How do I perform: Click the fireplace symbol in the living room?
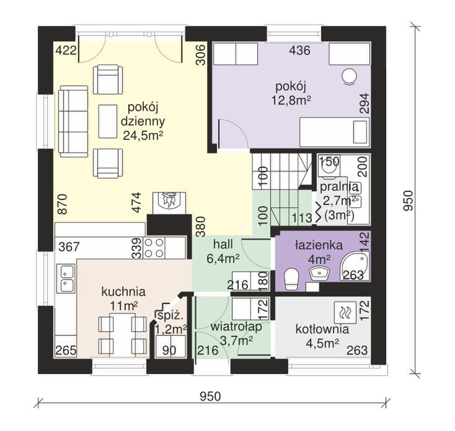pyautogui.click(x=169, y=203)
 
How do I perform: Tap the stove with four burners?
pyautogui.click(x=154, y=248)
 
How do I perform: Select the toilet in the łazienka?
pyautogui.click(x=291, y=279)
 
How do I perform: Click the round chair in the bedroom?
pyautogui.click(x=349, y=77)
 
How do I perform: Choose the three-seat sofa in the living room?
pyautogui.click(x=74, y=121)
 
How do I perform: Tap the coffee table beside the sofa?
pyautogui.click(x=108, y=121)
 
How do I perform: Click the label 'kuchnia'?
pyautogui.click(x=123, y=292)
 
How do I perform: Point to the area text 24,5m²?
pyautogui.click(x=143, y=136)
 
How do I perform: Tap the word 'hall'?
pyautogui.click(x=223, y=245)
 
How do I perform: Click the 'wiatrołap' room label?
pyautogui.click(x=236, y=326)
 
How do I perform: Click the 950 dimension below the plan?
pyautogui.click(x=210, y=396)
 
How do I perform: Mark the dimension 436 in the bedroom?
pyautogui.click(x=300, y=50)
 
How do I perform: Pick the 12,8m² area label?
pyautogui.click(x=291, y=100)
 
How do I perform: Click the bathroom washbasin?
pyautogui.click(x=319, y=274)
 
